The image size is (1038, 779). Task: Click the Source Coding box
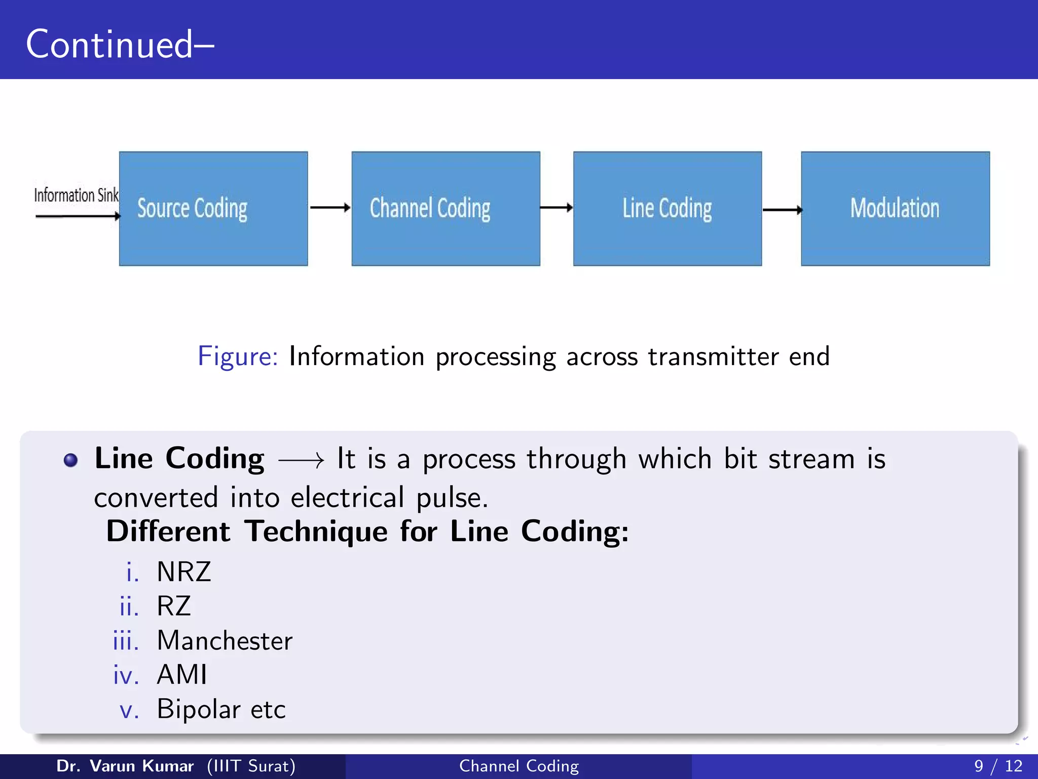point(213,208)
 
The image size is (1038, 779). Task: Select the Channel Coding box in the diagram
point(446,208)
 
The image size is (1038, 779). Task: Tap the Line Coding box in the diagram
point(667,208)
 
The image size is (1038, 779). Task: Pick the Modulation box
point(895,208)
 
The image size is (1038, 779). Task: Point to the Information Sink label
point(76,195)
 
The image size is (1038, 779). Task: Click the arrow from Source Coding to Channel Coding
point(330,207)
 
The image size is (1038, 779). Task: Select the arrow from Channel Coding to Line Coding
point(557,207)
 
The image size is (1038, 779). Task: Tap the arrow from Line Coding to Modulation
point(782,209)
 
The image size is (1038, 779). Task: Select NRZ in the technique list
point(184,572)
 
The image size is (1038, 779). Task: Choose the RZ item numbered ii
point(174,606)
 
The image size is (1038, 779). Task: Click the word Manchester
point(225,641)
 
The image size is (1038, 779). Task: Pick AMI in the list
point(182,675)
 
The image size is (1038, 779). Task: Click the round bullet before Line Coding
point(70,460)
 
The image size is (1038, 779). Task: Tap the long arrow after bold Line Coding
point(301,461)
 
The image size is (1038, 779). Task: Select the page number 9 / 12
point(998,766)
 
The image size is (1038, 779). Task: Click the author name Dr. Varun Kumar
point(125,766)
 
